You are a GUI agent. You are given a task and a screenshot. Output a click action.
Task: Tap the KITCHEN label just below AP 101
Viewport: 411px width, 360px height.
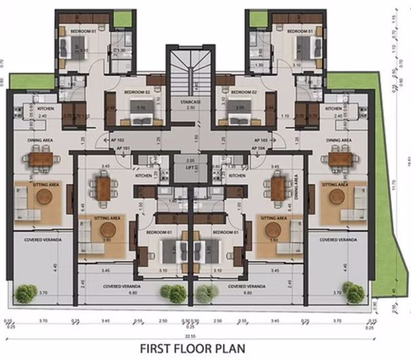coord(143,175)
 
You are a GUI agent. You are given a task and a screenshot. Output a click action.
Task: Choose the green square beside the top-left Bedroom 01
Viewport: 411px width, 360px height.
coord(123,19)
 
